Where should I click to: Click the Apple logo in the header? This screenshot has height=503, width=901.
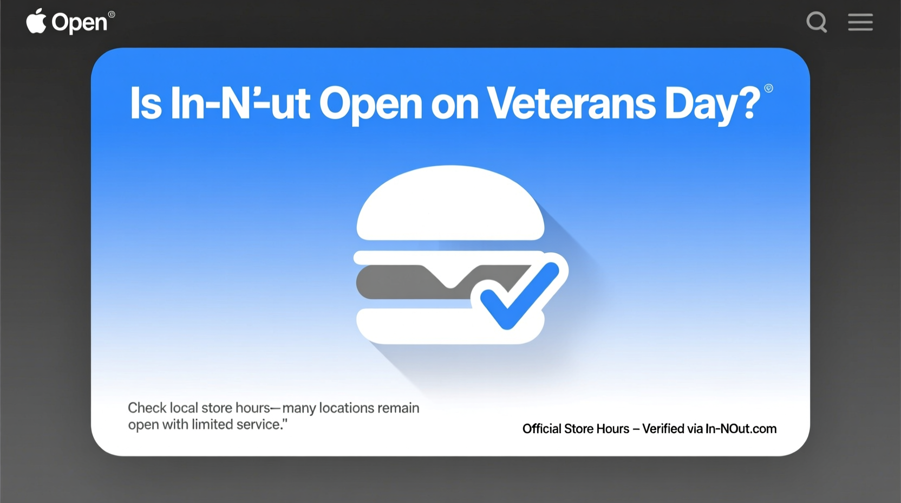(x=36, y=22)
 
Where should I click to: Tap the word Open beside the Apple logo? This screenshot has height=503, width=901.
(x=79, y=23)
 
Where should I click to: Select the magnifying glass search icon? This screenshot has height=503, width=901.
(x=817, y=22)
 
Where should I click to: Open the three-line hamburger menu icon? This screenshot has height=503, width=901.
(x=860, y=22)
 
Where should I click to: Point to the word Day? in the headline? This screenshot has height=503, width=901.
(x=711, y=104)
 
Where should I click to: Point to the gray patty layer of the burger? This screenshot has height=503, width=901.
(x=401, y=282)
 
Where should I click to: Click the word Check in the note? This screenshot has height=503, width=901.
(x=147, y=408)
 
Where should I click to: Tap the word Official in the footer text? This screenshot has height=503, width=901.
(x=541, y=429)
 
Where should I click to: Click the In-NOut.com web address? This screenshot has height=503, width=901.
(x=741, y=429)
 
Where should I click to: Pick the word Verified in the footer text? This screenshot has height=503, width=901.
(x=663, y=429)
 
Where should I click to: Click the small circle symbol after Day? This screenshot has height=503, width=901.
(x=768, y=88)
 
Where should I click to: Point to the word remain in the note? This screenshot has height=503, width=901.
(x=399, y=408)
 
